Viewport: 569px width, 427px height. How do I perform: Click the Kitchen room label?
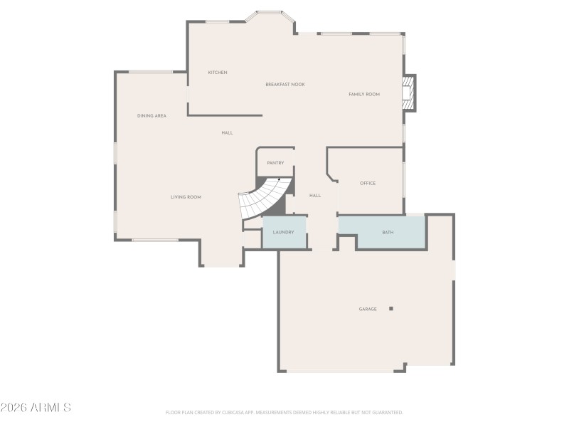click(218, 73)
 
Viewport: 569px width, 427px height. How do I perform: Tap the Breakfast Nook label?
click(285, 85)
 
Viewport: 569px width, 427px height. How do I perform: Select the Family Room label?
click(364, 95)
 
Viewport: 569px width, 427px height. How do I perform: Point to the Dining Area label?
click(151, 115)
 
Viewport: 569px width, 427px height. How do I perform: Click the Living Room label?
click(186, 197)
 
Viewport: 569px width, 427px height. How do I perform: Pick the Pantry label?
click(275, 163)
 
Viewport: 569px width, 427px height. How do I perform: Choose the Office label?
click(368, 184)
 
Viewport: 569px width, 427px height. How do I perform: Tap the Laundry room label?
click(283, 233)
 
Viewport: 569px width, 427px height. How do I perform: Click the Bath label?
click(388, 233)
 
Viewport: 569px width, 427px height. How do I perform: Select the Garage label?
click(368, 310)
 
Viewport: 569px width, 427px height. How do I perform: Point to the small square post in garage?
click(390, 309)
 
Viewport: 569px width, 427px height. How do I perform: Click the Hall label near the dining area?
click(227, 133)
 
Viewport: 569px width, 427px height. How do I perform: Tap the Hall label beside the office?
click(315, 196)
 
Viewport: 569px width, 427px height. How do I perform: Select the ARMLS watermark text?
click(36, 408)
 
